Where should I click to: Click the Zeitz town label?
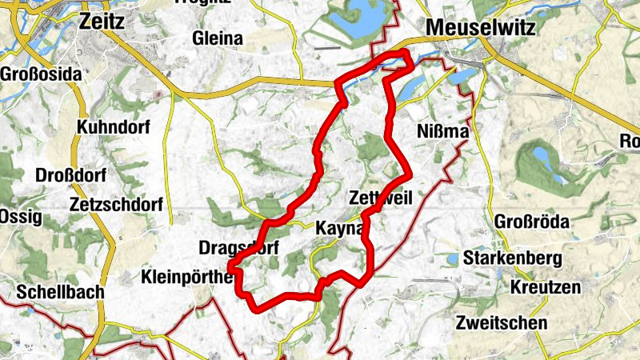click(x=102, y=22)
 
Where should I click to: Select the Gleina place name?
click(x=218, y=38)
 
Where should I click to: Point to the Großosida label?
click(x=41, y=74)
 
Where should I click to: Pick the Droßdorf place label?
click(x=70, y=175)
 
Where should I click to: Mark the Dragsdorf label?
click(x=238, y=248)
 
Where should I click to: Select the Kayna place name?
click(x=340, y=228)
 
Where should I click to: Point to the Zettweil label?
click(x=381, y=198)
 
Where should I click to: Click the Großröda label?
click(x=532, y=221)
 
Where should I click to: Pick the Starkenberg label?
click(x=522, y=260)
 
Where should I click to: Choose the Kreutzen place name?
click(x=542, y=286)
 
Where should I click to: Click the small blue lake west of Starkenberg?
click(x=453, y=259)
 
